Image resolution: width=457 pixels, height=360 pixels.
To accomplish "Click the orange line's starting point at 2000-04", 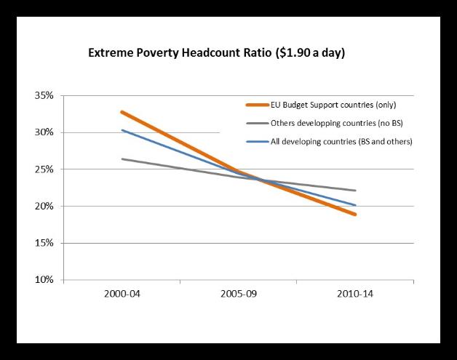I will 122,112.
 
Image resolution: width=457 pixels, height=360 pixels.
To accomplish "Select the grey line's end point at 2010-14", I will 355,191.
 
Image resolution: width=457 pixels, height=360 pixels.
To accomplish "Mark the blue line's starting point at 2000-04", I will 122,130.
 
